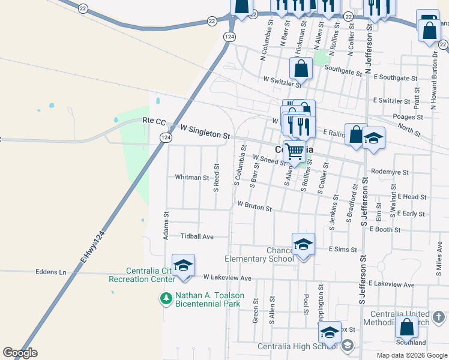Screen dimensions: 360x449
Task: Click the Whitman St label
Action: tap(192, 178)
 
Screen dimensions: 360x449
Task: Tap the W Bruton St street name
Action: tap(255, 206)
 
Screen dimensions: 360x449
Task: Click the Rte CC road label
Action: tap(154, 121)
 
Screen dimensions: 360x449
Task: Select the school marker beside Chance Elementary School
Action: tap(303, 244)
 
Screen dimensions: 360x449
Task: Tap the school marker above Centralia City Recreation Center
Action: tap(183, 265)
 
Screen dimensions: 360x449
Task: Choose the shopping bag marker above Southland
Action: tap(406, 326)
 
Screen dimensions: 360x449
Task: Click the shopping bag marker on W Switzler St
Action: tap(301, 68)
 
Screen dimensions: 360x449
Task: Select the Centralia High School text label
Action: tap(297, 346)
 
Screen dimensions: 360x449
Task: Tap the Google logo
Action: tap(20, 353)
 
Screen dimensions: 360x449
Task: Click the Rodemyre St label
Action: tap(390, 172)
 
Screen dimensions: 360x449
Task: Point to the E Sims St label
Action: tap(343, 249)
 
